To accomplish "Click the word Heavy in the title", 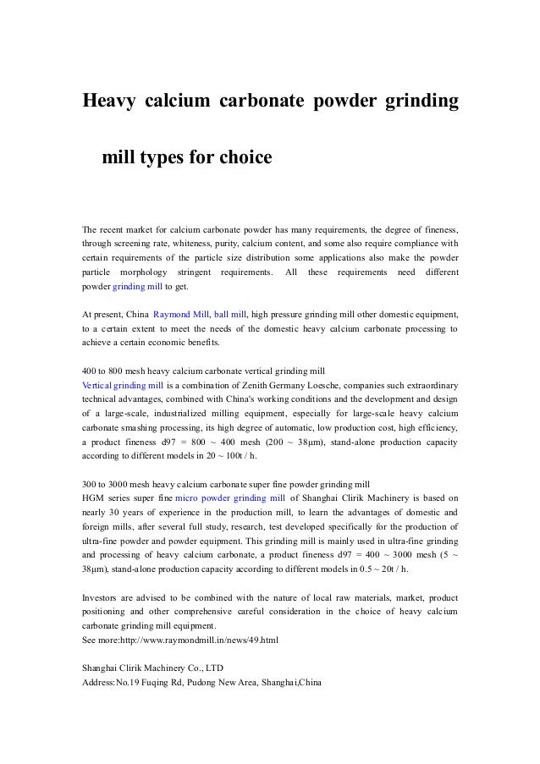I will click(108, 102).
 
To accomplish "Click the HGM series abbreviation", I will click(92, 498).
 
